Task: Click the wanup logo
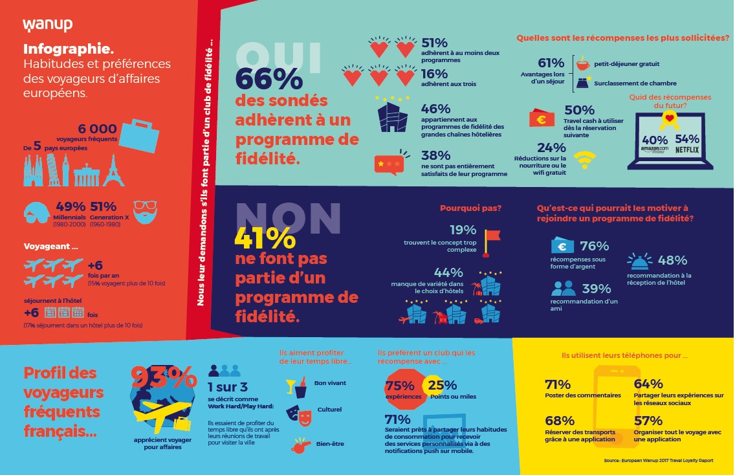point(47,25)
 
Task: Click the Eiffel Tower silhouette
point(113,171)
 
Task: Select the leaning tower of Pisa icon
point(54,170)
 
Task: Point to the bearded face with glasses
point(145,212)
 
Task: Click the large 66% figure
point(269,79)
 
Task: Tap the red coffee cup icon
point(583,63)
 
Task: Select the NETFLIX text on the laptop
point(686,150)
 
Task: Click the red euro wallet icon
point(542,118)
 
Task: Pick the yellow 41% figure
point(265,239)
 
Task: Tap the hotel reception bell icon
point(639,261)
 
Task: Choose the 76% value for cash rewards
point(594,246)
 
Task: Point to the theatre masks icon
point(299,415)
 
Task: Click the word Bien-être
point(330,443)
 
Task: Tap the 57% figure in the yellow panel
point(648,421)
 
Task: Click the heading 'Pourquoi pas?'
point(470,208)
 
